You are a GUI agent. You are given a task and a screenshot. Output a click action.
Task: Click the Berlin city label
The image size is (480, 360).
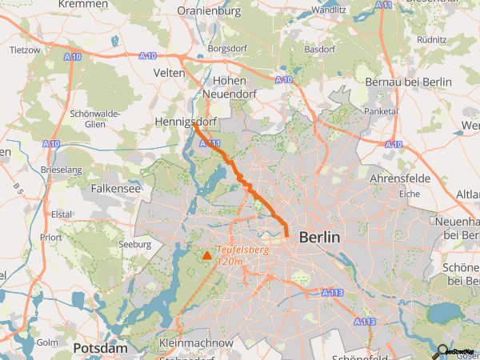(x=319, y=238)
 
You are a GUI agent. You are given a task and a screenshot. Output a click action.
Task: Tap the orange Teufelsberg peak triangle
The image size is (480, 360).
(x=207, y=255)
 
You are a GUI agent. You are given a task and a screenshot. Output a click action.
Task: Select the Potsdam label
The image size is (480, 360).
(x=100, y=349)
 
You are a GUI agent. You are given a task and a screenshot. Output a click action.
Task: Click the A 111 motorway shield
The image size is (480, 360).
(x=210, y=143)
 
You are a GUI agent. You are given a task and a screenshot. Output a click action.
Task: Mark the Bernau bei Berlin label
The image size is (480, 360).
(x=398, y=82)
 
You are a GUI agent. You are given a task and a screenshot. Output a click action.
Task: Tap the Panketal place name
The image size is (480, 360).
(x=380, y=111)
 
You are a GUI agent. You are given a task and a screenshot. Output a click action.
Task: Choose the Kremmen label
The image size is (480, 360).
(x=84, y=5)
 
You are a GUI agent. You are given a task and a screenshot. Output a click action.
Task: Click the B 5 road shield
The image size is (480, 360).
(x=17, y=189)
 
